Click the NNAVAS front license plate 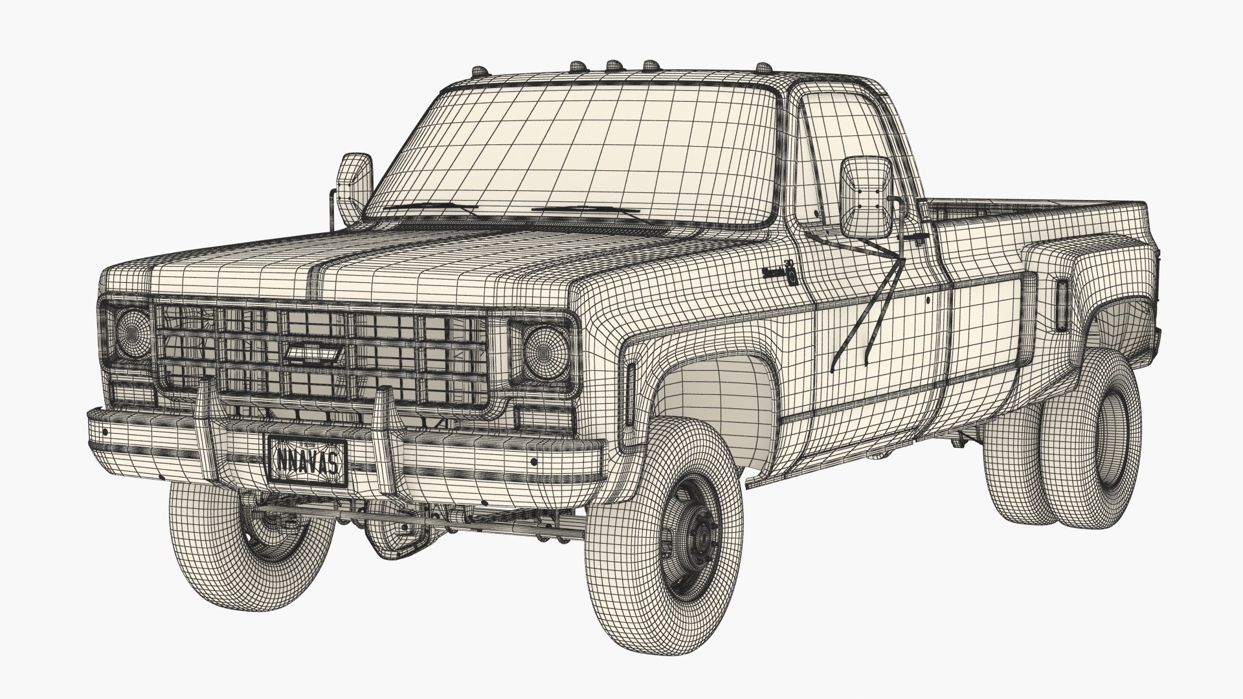[x=307, y=460]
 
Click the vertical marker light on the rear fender [x=1062, y=304]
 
